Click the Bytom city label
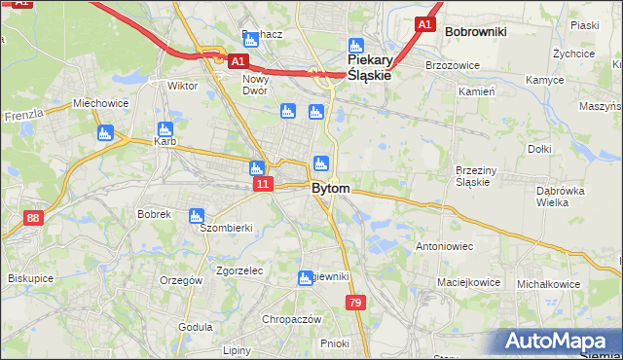[330, 188]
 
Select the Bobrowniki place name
[475, 31]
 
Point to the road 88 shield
[34, 219]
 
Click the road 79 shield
[355, 305]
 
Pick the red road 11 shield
[262, 183]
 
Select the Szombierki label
[226, 228]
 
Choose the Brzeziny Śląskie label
[478, 175]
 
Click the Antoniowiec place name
[444, 246]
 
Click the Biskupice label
[30, 278]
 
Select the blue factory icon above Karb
[165, 128]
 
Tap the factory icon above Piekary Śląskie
[356, 45]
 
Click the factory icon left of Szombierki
[197, 215]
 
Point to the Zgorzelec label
[239, 270]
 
